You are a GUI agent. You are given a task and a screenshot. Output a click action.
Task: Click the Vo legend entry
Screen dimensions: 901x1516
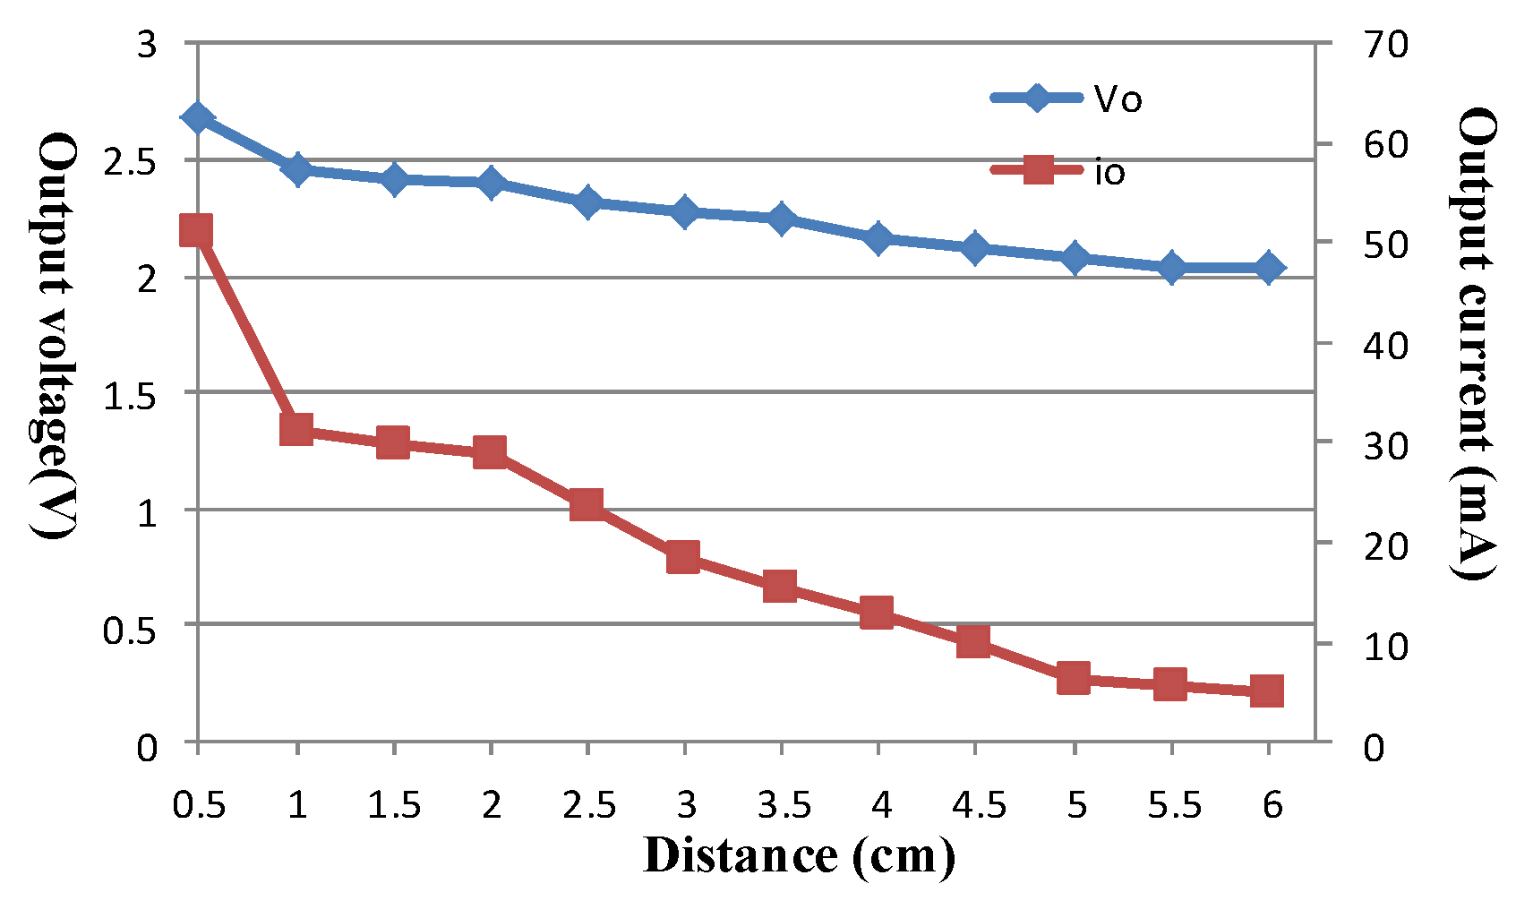pyautogui.click(x=1066, y=99)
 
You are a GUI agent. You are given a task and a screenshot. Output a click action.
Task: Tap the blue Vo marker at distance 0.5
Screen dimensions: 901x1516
pyautogui.click(x=197, y=118)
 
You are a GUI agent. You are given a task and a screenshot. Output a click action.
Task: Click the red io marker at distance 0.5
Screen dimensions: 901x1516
pyautogui.click(x=196, y=230)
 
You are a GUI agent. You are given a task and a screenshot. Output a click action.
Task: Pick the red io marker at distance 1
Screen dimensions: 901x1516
pyautogui.click(x=296, y=430)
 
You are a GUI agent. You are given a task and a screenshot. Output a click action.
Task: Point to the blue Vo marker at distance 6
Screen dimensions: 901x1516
pyautogui.click(x=1268, y=268)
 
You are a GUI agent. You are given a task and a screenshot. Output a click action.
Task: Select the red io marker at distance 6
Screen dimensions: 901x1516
pyautogui.click(x=1267, y=691)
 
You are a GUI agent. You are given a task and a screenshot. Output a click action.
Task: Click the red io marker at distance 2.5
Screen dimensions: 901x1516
pyautogui.click(x=587, y=504)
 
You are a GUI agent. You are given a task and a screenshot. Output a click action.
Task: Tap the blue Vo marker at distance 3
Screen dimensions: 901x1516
pyautogui.click(x=684, y=212)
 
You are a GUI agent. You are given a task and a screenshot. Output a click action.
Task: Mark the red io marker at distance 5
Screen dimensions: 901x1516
pyautogui.click(x=1074, y=678)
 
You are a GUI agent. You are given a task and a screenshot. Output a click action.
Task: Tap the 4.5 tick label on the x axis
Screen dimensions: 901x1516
pyautogui.click(x=979, y=805)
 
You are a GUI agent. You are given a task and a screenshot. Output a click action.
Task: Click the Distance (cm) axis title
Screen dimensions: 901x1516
pyautogui.click(x=798, y=855)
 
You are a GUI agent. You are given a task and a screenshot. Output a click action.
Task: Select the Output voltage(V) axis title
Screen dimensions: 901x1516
pyautogui.click(x=56, y=336)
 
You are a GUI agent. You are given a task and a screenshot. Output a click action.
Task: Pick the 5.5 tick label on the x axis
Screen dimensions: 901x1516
pyautogui.click(x=1174, y=805)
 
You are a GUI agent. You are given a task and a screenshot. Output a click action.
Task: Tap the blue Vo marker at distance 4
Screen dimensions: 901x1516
pyautogui.click(x=878, y=238)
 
